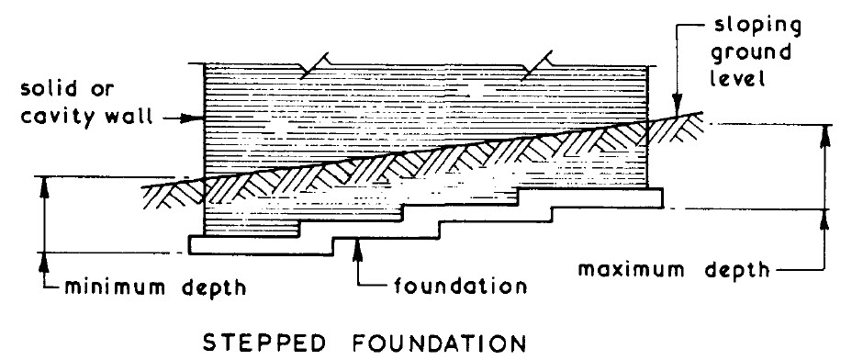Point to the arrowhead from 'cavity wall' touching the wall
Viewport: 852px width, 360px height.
pos(194,118)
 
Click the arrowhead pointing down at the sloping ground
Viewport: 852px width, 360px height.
pos(675,107)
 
